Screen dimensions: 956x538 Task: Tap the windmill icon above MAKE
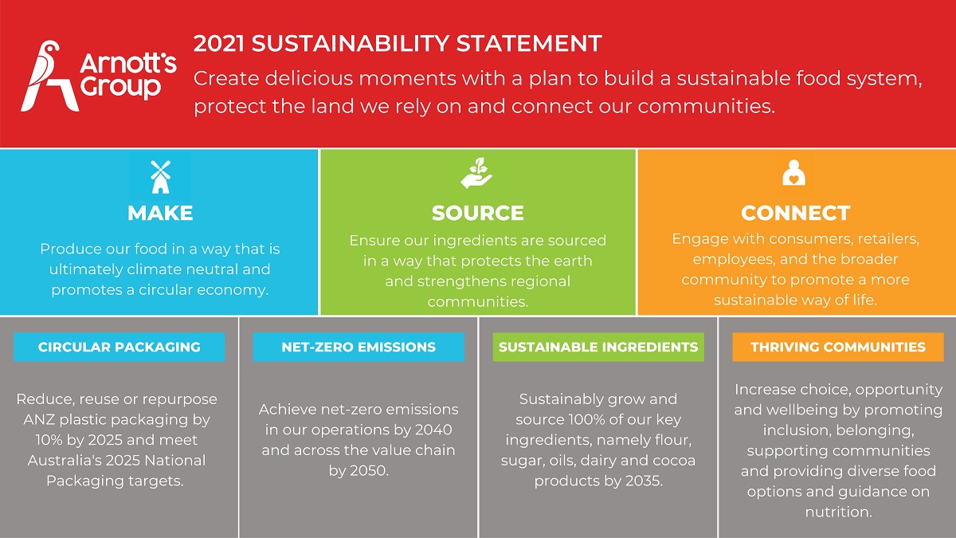click(160, 177)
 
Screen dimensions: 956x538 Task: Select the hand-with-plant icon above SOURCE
click(476, 173)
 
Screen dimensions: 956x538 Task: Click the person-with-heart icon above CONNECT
click(793, 172)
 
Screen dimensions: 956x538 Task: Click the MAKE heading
click(160, 213)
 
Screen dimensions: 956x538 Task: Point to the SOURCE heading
click(477, 213)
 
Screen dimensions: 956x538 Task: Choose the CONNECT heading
click(796, 213)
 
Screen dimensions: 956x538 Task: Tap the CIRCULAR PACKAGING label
click(119, 347)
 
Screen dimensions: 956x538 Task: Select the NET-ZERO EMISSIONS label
click(358, 347)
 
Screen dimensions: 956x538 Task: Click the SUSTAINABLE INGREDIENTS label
click(598, 347)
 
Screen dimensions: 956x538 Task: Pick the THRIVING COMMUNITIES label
click(838, 347)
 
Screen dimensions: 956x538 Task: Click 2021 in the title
click(218, 44)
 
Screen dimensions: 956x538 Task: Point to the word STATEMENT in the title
click(529, 44)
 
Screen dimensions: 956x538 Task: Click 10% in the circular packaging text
click(49, 440)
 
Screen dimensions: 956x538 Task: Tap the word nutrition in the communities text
click(838, 512)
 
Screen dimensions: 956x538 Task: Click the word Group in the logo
click(120, 88)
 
